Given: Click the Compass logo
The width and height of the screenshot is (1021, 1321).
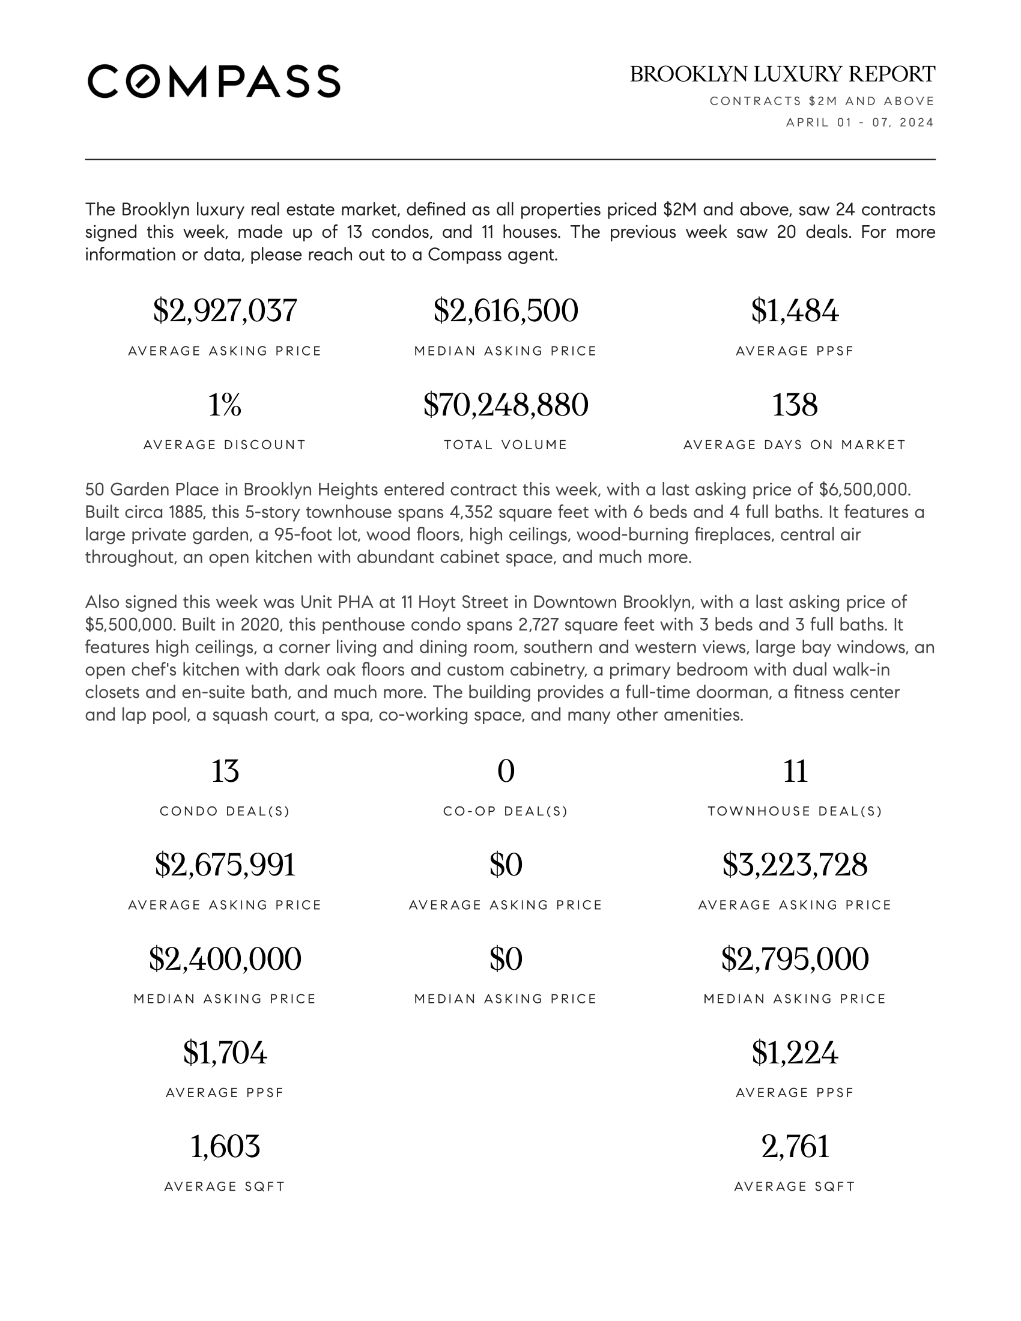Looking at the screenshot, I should click(x=214, y=81).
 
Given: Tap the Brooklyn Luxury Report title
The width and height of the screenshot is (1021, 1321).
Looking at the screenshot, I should click(x=782, y=74).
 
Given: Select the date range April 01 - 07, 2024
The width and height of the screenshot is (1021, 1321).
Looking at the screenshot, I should click(x=859, y=122).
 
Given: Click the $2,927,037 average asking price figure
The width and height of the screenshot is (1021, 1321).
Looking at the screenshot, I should click(x=225, y=311).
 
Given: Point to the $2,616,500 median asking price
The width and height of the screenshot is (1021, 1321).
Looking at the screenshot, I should click(x=506, y=311).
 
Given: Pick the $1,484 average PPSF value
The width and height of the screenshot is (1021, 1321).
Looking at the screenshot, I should click(x=795, y=311).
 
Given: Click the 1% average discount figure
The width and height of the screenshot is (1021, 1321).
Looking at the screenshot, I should click(x=225, y=405).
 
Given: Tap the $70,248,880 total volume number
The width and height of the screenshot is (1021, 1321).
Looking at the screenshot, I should click(x=506, y=405).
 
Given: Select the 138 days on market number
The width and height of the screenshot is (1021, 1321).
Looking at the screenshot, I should click(x=795, y=405).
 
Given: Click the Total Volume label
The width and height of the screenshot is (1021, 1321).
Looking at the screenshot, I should click(x=506, y=445).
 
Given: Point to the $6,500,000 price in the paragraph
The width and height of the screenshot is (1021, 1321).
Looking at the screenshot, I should click(x=864, y=489).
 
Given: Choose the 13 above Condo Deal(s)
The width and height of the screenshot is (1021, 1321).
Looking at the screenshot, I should click(x=225, y=771).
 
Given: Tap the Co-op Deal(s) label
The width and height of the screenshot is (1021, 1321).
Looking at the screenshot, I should click(x=506, y=812).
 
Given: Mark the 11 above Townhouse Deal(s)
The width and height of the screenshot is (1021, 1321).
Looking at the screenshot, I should click(x=795, y=771).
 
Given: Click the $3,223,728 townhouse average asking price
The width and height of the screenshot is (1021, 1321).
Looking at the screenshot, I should click(x=795, y=865).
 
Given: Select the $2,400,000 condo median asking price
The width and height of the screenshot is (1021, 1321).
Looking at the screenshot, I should click(x=225, y=959).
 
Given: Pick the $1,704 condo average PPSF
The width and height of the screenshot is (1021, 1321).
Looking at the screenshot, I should click(x=225, y=1053).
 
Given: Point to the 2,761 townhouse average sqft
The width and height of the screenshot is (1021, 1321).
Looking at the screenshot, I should click(x=795, y=1146).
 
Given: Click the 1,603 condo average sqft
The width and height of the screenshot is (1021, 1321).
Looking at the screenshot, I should click(x=225, y=1146).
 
